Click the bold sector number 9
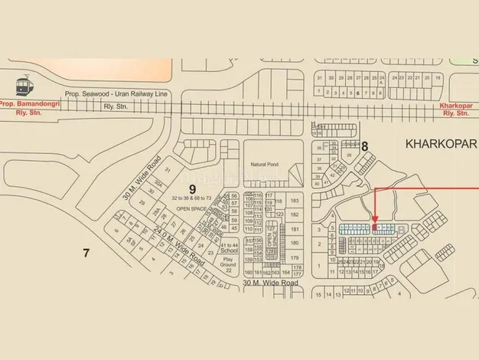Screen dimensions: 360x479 point(193,186)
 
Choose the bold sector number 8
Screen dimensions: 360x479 point(365,145)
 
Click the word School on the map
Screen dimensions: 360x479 point(228,250)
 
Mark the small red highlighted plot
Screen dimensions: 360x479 point(374,227)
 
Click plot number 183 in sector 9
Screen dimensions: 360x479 point(295,201)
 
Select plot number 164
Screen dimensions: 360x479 point(285,272)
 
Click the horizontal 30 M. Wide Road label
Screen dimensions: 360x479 point(270,283)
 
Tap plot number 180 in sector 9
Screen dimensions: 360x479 point(295,243)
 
